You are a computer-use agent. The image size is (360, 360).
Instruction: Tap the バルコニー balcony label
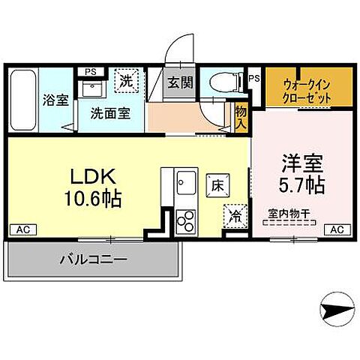coord(93,260)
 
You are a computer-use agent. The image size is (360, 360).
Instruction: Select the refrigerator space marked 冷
coord(234,214)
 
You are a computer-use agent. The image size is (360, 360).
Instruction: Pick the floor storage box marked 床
coord(217,183)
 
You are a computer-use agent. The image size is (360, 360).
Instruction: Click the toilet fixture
coord(223,82)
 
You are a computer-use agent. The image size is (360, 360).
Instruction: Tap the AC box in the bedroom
coord(337,229)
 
